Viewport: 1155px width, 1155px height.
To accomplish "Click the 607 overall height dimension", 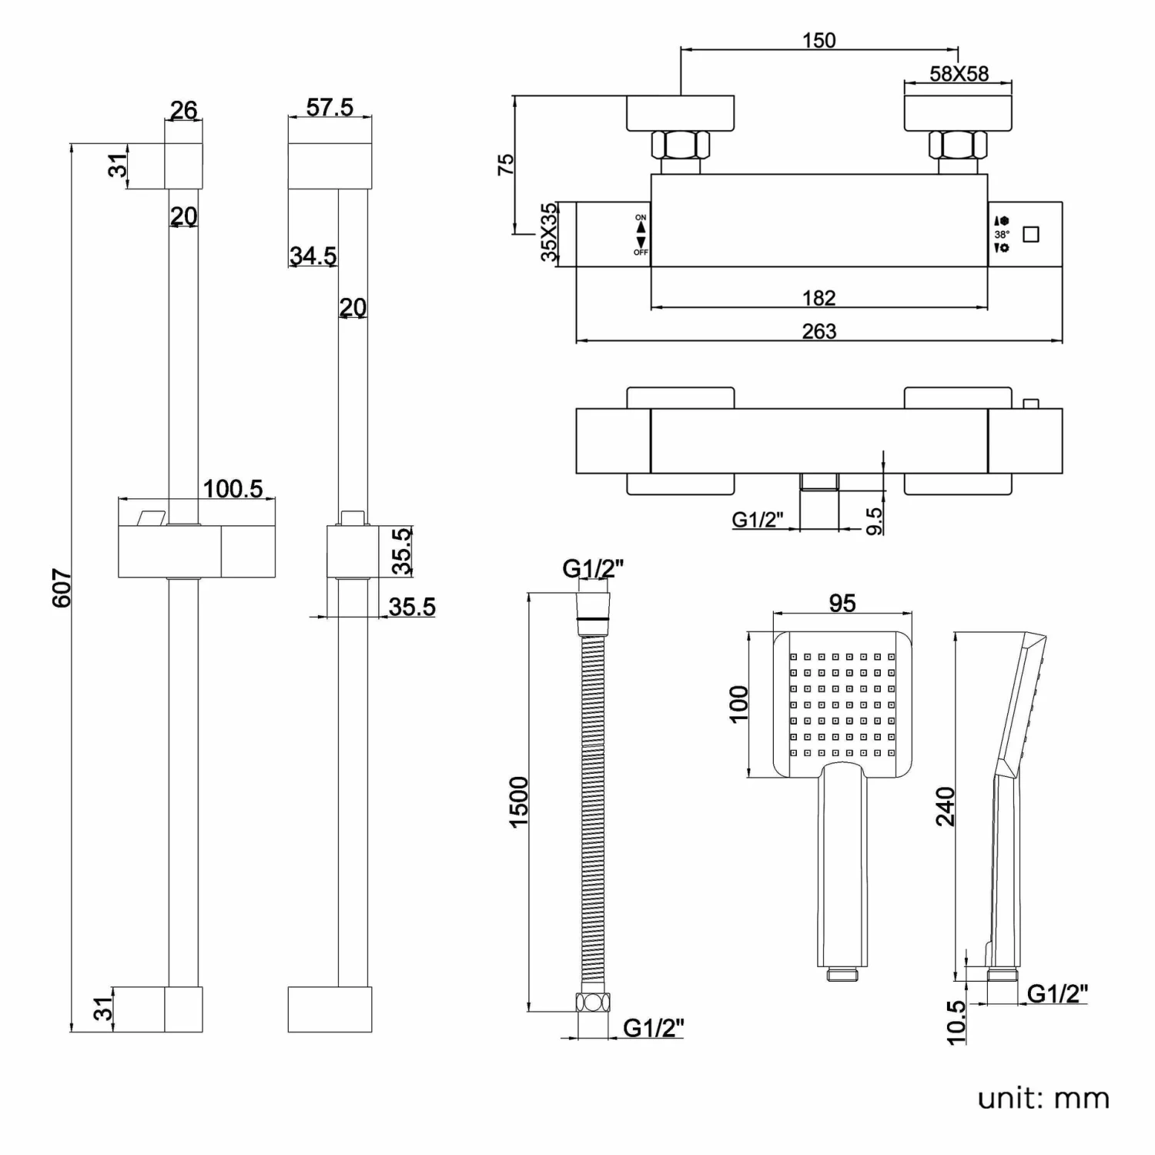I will click(62, 588).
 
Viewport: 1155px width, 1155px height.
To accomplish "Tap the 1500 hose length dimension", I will click(519, 802).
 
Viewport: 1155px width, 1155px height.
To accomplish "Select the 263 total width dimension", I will click(819, 331).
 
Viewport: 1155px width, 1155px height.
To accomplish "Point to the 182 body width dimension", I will click(819, 298).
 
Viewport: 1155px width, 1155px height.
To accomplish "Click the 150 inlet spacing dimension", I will click(819, 40).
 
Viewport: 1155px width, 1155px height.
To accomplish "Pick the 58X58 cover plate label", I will click(959, 74).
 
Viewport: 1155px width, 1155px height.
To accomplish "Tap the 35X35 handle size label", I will click(549, 233).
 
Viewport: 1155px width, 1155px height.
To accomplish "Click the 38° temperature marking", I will click(1001, 234).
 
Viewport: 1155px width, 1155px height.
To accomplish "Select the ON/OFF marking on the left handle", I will click(641, 235).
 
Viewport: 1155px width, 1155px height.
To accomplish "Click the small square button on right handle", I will click(1030, 234).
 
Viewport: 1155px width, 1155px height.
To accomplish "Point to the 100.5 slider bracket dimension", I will click(233, 489).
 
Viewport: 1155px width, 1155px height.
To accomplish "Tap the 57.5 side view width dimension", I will click(330, 107).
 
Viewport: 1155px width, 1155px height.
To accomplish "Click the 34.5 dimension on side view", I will click(313, 255).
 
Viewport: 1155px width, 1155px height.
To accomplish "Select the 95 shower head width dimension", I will click(842, 603).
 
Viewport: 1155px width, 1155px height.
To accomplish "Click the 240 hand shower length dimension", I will click(946, 805).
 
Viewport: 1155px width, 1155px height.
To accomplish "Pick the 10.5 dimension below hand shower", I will click(956, 1022).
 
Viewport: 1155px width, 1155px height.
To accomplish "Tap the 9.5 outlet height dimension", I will click(875, 520).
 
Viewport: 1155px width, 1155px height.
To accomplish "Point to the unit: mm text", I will click(1043, 1098).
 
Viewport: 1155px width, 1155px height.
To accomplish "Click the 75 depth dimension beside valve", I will click(505, 164).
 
